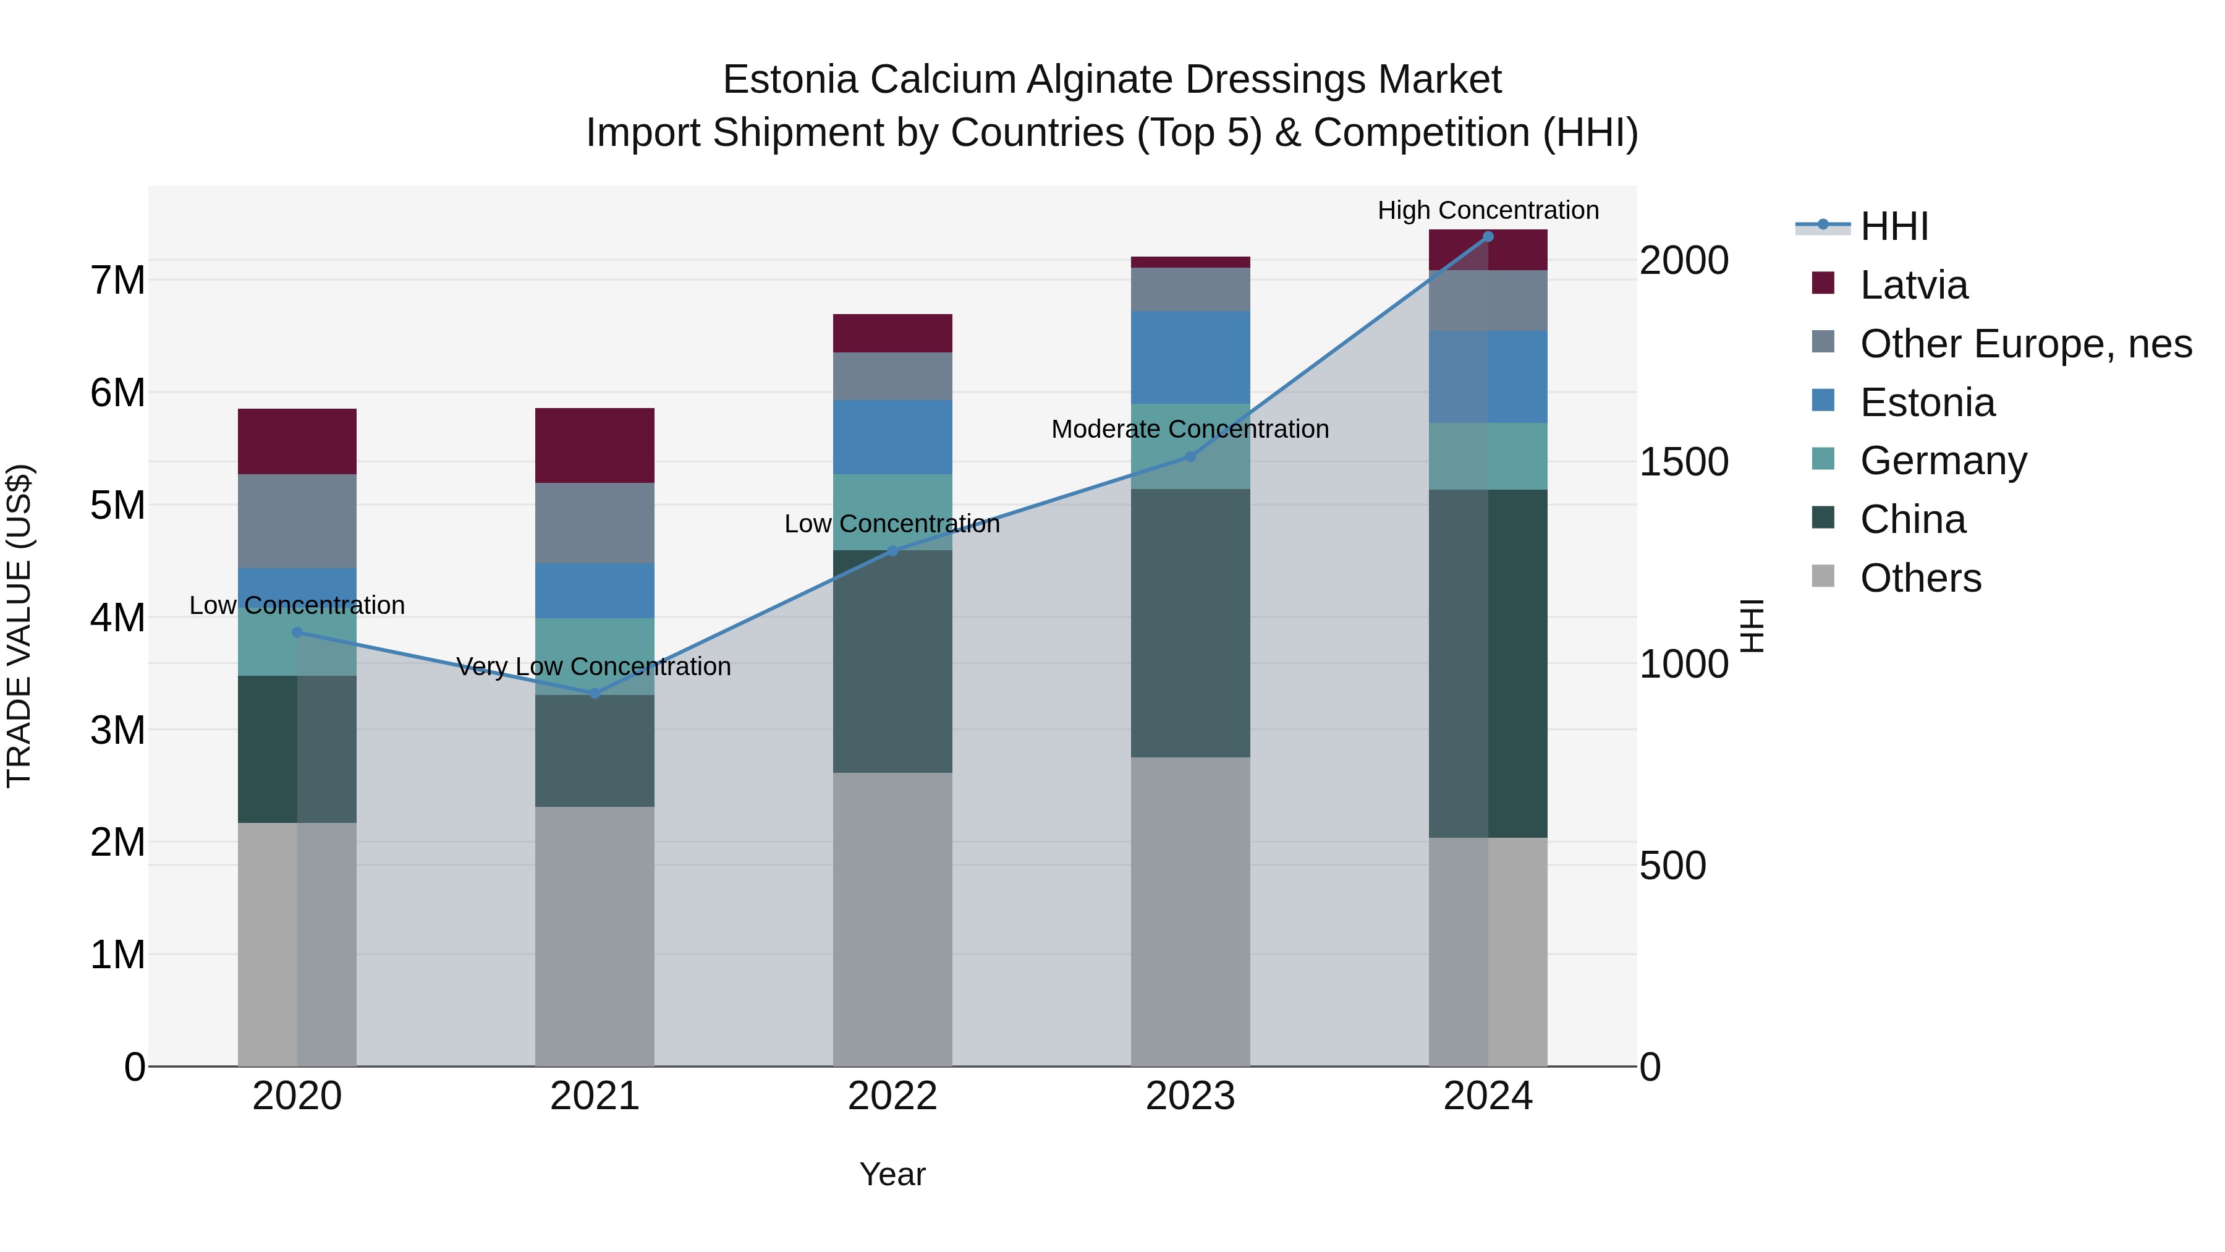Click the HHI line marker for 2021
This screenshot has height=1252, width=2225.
click(594, 693)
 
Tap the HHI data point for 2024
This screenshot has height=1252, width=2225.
click(1488, 236)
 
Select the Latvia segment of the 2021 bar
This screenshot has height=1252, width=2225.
click(594, 445)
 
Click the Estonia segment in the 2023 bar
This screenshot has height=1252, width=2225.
click(1190, 357)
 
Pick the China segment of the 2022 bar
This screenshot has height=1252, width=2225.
click(892, 661)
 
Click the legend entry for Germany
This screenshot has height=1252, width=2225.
click(1943, 461)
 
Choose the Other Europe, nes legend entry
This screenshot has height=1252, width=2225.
click(2025, 343)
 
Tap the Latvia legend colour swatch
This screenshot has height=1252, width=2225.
click(1823, 283)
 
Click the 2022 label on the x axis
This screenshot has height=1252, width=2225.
click(892, 1096)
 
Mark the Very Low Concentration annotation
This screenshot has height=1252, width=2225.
click(593, 666)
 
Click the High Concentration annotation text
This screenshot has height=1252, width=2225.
click(1488, 210)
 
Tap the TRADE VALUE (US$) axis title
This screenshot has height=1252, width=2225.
click(20, 626)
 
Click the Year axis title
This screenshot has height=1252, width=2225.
click(892, 1174)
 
